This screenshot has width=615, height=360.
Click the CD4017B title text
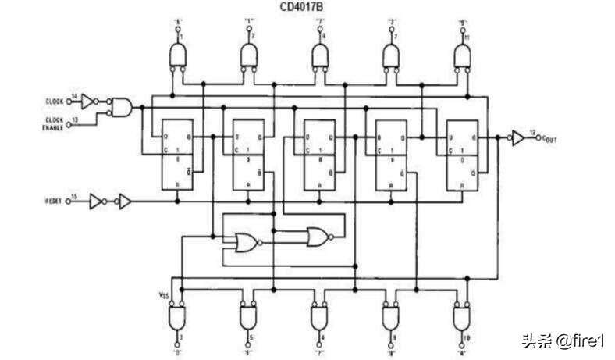point(307,7)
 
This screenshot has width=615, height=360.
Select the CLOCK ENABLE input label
point(53,123)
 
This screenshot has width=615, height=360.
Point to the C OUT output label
point(542,138)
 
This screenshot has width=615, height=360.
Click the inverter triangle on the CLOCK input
point(90,100)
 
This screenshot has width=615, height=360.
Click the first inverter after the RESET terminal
point(96,201)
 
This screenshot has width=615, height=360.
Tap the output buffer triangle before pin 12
point(517,137)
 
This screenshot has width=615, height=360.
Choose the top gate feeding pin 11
point(463,55)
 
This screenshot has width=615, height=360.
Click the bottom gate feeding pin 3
point(180,316)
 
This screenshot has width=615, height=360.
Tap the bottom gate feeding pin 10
point(463,316)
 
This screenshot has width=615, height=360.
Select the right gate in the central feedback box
point(318,236)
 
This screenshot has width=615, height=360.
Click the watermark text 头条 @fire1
point(563,341)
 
